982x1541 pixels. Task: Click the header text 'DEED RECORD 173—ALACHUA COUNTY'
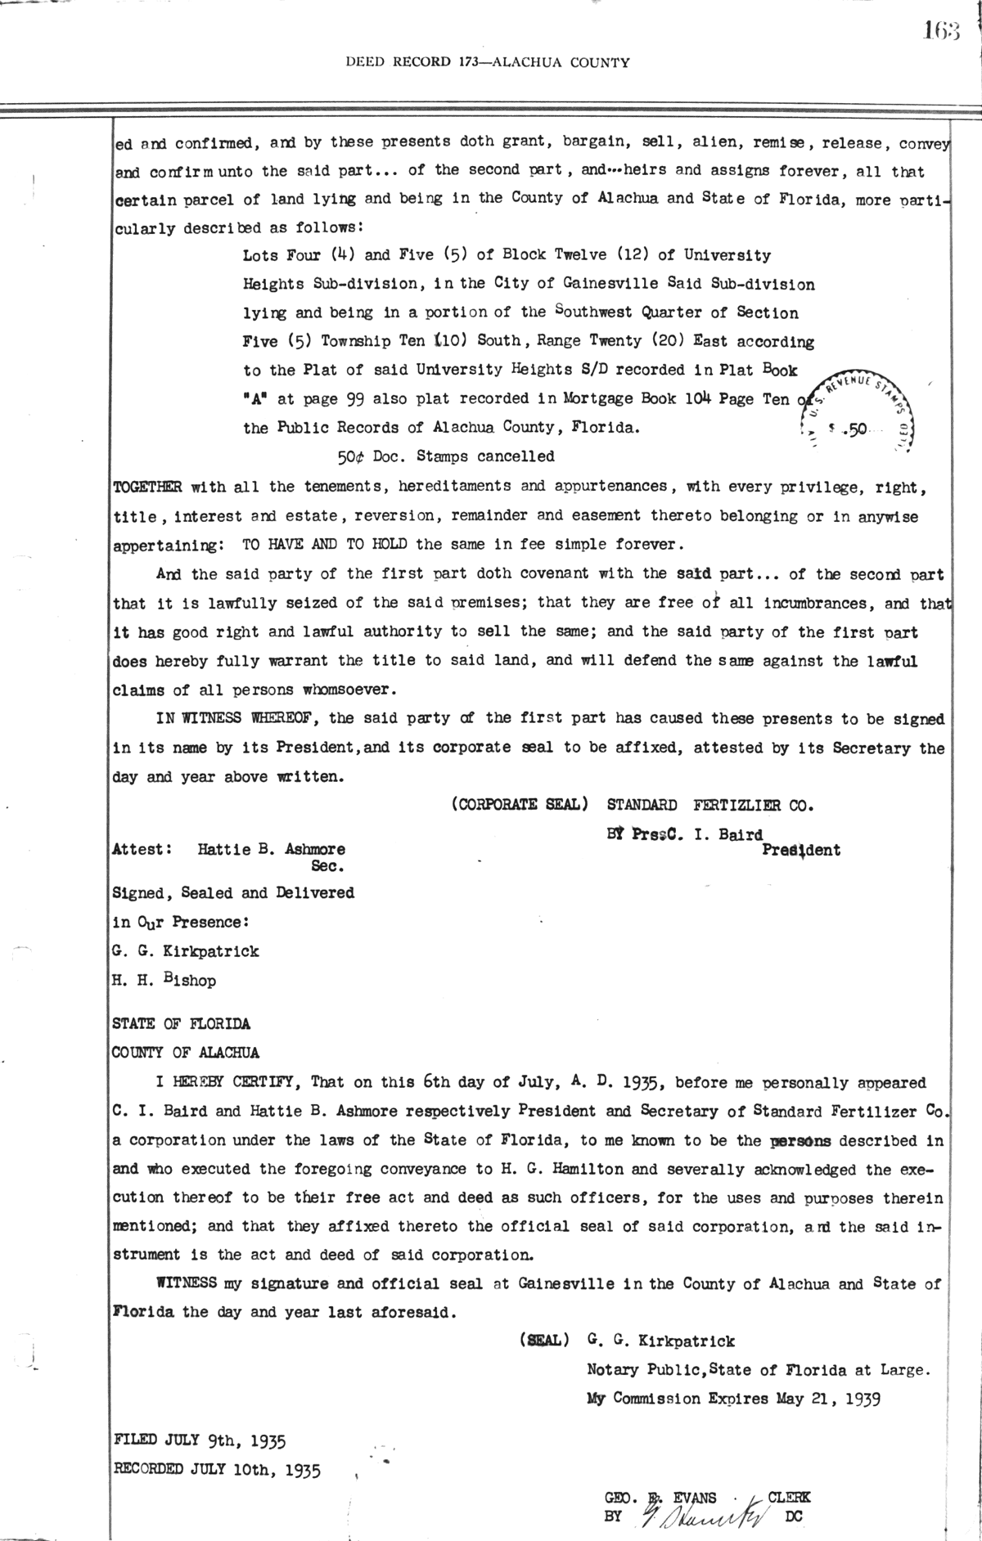tap(488, 61)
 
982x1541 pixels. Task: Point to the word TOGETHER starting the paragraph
tap(146, 487)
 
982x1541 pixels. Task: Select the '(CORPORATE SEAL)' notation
tap(519, 804)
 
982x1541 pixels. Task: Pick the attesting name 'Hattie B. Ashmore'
tap(271, 849)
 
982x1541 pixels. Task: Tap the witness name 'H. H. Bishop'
tap(164, 980)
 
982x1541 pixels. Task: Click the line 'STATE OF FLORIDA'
tap(181, 1023)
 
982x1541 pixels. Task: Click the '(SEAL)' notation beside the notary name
tap(539, 1341)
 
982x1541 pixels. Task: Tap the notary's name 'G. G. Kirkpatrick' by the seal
tap(660, 1341)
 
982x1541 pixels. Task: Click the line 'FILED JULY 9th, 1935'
tap(199, 1440)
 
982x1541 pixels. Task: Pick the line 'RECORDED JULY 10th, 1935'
tap(216, 1470)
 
